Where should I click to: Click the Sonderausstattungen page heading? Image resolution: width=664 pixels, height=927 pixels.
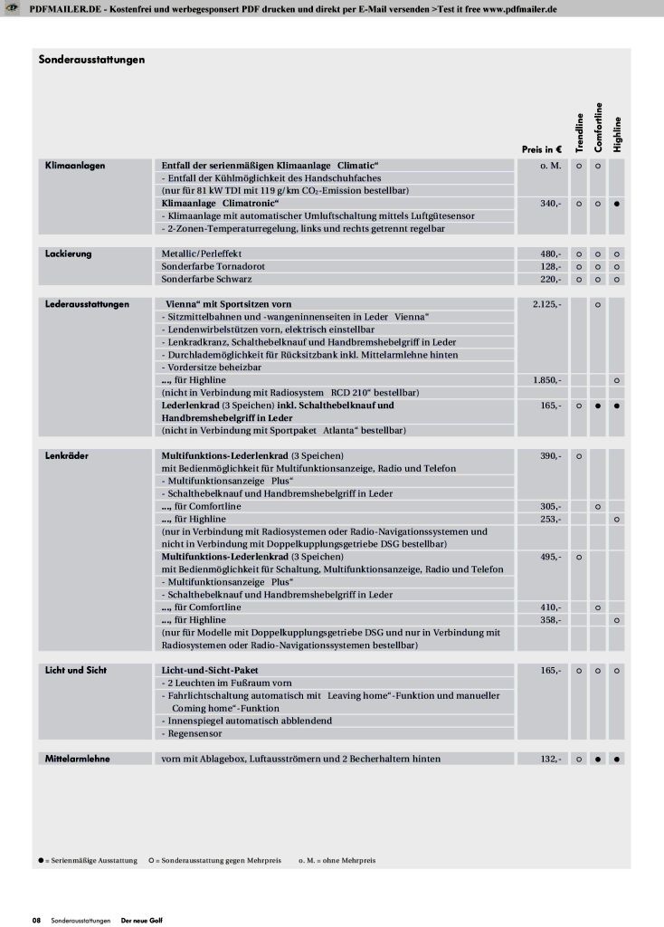point(92,60)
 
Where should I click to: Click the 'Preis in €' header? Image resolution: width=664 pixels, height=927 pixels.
point(543,148)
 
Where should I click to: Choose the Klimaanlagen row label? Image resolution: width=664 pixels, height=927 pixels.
point(75,166)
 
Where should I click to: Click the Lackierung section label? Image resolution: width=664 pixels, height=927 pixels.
point(69,253)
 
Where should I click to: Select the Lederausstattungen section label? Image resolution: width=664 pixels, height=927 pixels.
point(87,304)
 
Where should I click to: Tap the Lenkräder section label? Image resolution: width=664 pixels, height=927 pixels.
point(67,454)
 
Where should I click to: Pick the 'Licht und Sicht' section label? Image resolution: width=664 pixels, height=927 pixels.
point(76,670)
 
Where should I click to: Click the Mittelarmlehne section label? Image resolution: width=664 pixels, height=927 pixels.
point(78,758)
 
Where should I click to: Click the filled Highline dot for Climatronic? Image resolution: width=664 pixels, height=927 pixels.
point(616,204)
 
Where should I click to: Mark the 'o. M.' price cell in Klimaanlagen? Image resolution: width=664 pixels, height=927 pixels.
point(550,166)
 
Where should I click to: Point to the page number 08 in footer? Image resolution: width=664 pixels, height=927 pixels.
point(37,920)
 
